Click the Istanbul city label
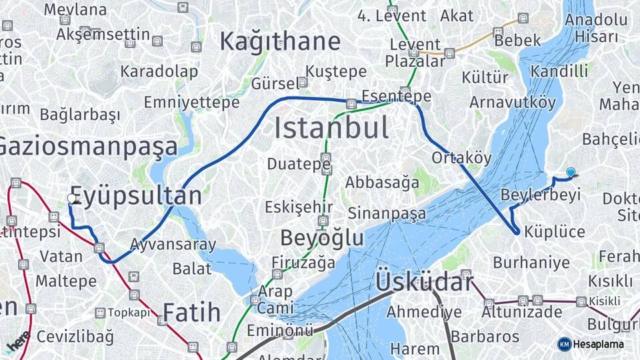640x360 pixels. tap(331, 128)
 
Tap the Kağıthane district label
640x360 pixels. tap(280, 42)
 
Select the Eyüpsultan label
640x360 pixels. tap(136, 196)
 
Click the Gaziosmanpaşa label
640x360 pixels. tap(88, 147)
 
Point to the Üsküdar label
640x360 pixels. tap(424, 282)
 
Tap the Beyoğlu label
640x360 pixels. tap(322, 238)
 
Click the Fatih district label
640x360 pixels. tap(192, 312)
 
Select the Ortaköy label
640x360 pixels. tap(461, 158)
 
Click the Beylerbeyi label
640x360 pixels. tap(541, 195)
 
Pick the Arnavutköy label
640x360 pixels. tap(512, 103)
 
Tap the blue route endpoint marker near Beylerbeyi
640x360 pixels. tap(571, 173)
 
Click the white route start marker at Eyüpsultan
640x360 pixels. tap(72, 198)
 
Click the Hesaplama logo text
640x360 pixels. tap(598, 344)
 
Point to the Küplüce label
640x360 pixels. tap(555, 232)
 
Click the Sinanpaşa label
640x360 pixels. tap(386, 214)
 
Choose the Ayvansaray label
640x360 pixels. tap(173, 245)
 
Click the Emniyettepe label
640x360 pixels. tap(191, 103)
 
